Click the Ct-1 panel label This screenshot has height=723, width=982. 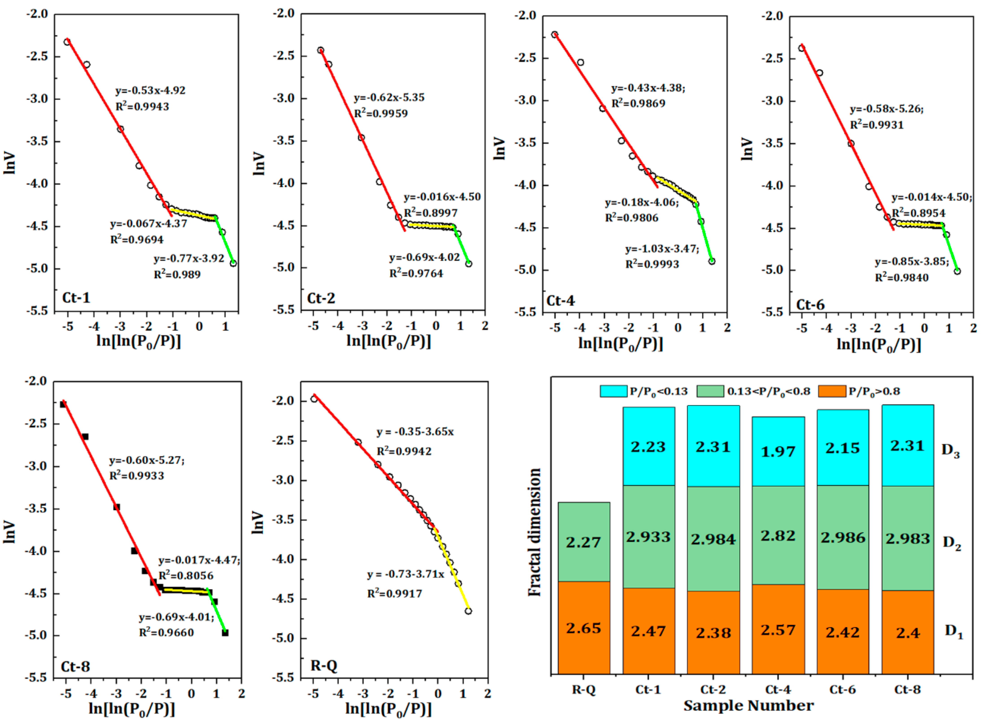[76, 298]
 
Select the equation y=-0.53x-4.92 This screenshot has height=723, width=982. [150, 91]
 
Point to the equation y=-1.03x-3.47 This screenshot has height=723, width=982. [662, 249]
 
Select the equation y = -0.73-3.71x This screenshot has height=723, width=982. [406, 574]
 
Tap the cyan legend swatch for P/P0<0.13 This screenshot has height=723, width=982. [613, 391]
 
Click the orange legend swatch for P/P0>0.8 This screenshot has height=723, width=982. [831, 391]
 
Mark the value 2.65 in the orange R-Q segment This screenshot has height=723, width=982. [583, 628]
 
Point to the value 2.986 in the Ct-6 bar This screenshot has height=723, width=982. [843, 538]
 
